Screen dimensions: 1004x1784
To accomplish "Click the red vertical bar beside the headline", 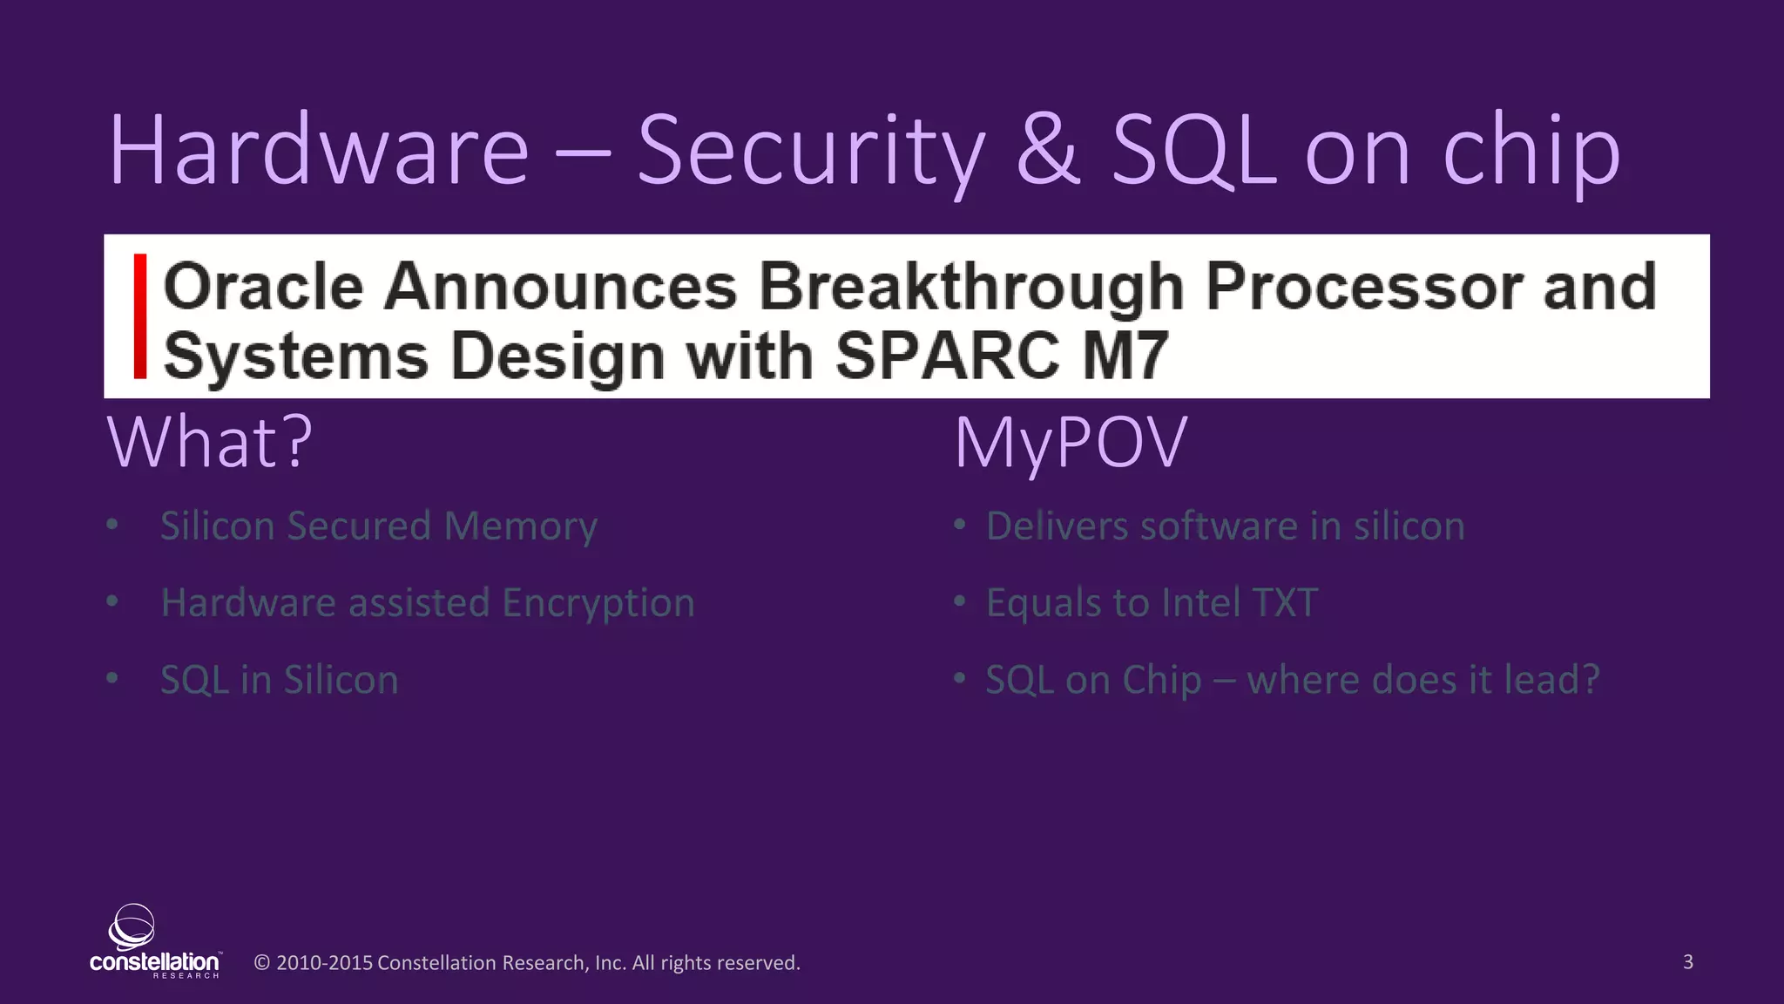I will click(x=139, y=315).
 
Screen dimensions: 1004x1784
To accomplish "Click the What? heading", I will click(x=210, y=443).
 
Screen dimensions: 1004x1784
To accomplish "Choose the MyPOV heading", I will click(x=1071, y=443).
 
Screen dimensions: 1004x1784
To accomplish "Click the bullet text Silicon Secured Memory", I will click(x=379, y=526).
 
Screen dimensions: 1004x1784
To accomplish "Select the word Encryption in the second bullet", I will click(x=598, y=603).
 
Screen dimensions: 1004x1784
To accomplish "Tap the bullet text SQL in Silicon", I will click(x=280, y=680).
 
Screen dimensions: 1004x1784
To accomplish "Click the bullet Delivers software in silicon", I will click(x=1225, y=526).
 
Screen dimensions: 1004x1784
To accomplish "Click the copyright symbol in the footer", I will click(x=261, y=963).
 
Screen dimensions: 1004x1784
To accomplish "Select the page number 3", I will click(x=1687, y=961).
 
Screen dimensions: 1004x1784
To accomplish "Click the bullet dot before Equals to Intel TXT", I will click(x=959, y=601).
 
